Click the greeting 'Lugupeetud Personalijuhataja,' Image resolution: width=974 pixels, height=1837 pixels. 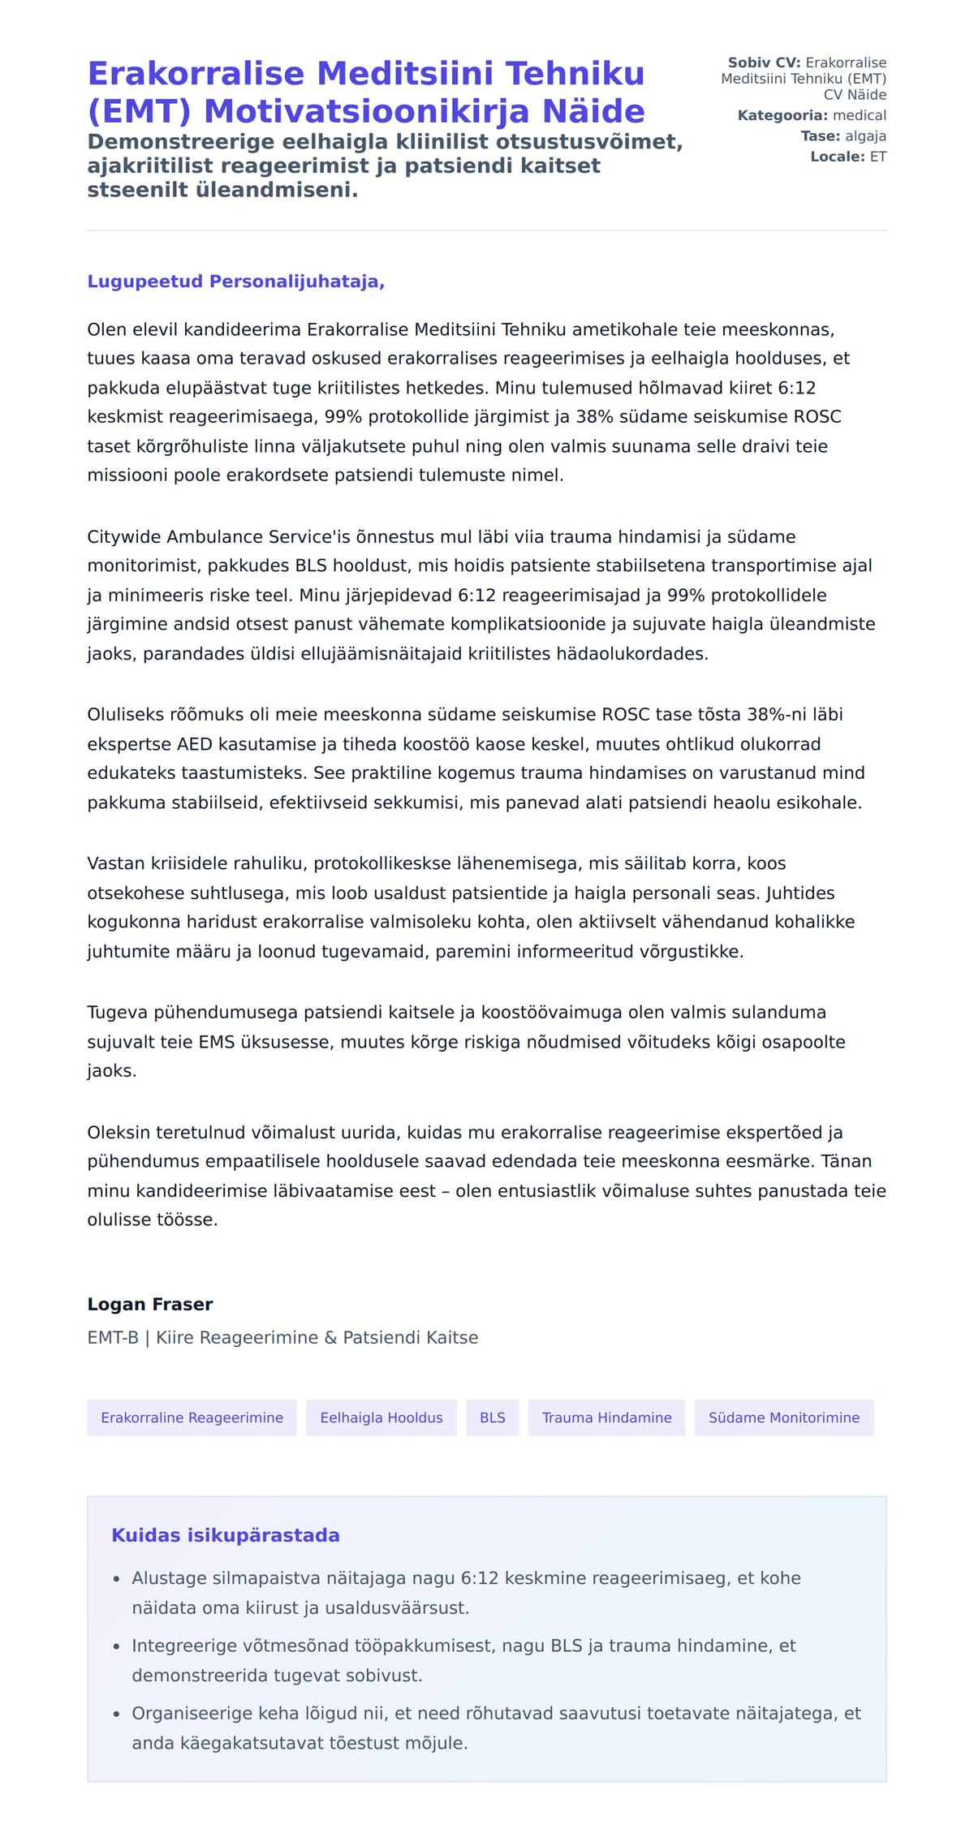[235, 282]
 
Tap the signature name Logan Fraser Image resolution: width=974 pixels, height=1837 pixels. [150, 1304]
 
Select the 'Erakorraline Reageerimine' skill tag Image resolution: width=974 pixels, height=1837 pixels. [192, 1418]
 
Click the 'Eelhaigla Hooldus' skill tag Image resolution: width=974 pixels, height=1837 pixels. [381, 1418]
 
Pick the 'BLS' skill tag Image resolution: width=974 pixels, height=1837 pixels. [492, 1418]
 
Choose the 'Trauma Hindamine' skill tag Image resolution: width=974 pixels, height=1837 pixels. [606, 1418]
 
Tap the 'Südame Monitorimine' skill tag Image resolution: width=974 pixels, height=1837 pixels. [783, 1418]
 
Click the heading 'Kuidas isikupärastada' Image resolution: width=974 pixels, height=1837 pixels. [226, 1535]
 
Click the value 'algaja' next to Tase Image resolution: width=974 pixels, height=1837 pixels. [865, 136]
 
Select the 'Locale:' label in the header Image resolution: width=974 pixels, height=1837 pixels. [838, 157]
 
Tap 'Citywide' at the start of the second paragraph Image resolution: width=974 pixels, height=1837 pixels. [124, 537]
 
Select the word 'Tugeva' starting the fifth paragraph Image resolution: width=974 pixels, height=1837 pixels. [117, 1013]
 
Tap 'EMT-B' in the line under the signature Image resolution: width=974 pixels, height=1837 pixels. [113, 1337]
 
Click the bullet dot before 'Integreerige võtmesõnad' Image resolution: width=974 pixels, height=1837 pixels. [116, 1646]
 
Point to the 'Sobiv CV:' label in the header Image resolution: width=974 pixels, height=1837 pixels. [764, 62]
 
